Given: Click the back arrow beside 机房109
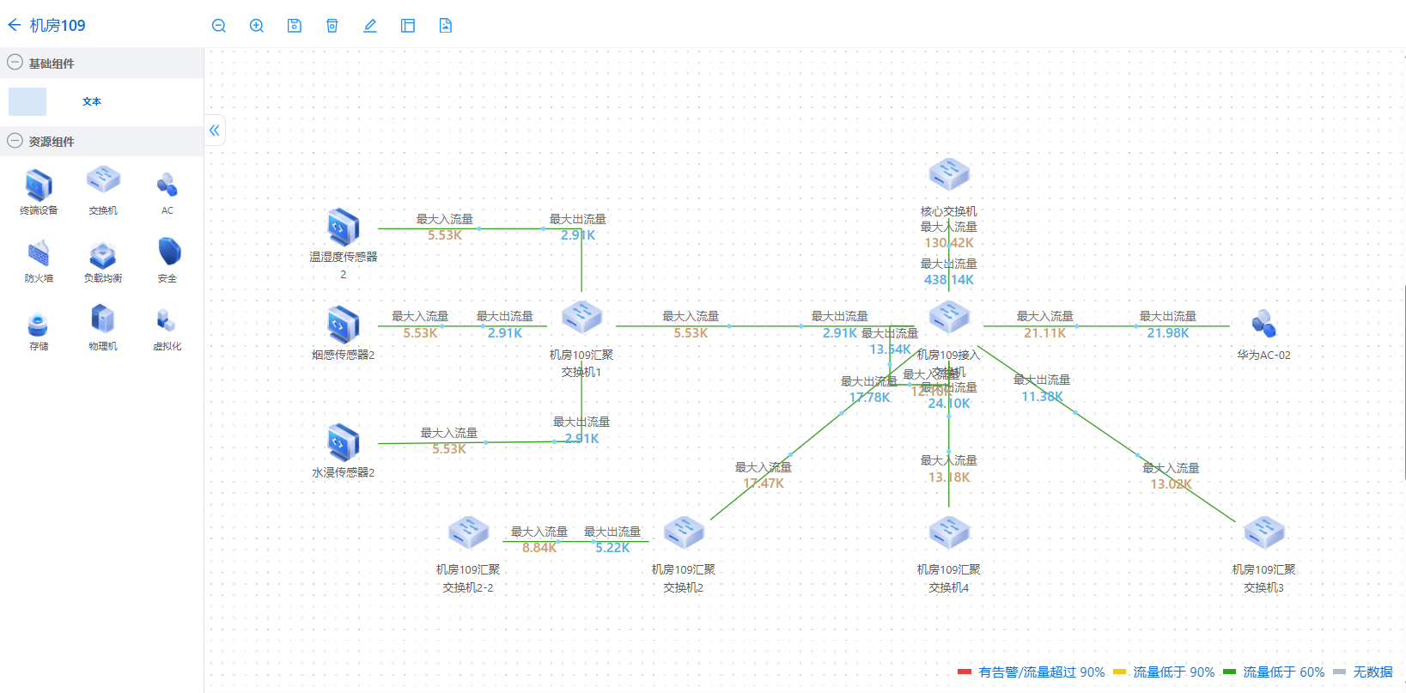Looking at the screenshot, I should tap(14, 25).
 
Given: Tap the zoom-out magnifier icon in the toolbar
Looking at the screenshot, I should tap(219, 26).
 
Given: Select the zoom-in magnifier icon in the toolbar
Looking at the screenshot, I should tap(257, 26).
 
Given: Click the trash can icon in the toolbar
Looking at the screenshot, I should tap(332, 26).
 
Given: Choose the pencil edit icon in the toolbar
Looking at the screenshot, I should tap(370, 26).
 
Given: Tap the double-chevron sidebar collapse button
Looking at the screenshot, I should tap(215, 131).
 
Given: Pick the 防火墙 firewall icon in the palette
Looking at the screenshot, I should tap(39, 254).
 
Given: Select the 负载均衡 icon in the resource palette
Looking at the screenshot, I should tap(103, 254).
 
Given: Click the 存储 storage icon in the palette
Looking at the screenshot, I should tap(39, 324).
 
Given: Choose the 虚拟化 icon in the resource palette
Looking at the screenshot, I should tap(167, 321).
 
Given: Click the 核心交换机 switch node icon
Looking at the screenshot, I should tap(949, 174).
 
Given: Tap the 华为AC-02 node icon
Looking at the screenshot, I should tap(1263, 324).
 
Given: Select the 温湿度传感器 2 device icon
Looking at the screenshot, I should tap(344, 227).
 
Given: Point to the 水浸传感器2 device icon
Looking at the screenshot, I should tap(344, 442).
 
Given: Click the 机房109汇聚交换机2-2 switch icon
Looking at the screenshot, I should tap(468, 532).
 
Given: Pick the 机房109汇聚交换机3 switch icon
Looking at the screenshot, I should tap(1263, 532).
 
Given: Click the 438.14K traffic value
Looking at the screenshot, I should tap(949, 280).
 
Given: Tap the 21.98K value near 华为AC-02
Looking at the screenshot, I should tap(1168, 333).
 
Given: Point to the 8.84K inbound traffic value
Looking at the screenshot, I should tap(539, 548).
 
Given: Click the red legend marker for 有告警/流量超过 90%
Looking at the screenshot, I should tap(965, 672).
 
